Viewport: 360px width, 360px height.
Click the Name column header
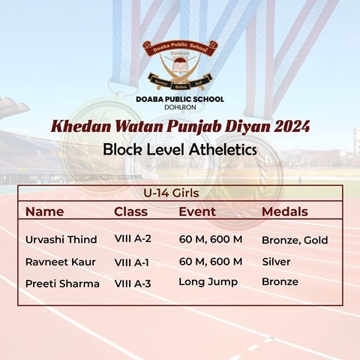[44, 211]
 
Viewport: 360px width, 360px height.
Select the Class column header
[130, 211]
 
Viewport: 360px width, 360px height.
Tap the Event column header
[197, 211]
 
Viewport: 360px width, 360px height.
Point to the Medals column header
[285, 211]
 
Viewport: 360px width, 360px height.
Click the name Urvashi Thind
[61, 239]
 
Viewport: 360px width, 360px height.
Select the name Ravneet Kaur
[61, 262]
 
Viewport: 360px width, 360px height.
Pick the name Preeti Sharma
[62, 283]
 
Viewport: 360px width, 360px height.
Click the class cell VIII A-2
[133, 238]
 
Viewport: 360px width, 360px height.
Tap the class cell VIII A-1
[131, 262]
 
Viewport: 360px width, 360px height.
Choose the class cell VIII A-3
[133, 283]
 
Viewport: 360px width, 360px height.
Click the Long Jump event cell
[208, 282]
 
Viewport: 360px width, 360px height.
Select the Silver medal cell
[276, 262]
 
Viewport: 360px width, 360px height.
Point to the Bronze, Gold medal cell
[295, 240]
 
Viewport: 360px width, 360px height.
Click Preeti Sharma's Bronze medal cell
[280, 282]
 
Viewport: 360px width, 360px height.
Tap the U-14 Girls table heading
[171, 193]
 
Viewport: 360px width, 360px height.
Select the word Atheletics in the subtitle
[223, 149]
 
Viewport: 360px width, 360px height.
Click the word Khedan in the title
[81, 127]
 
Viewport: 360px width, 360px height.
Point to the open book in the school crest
[180, 67]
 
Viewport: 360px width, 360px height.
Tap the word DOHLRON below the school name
[180, 107]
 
